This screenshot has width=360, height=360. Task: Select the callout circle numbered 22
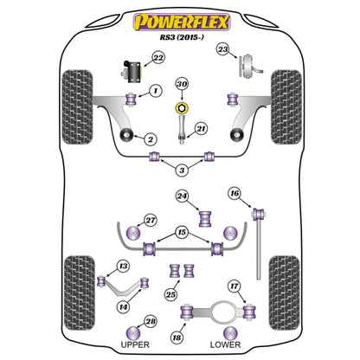(x=157, y=58)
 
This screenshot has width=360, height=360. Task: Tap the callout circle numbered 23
(x=223, y=50)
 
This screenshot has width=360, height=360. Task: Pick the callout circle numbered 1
(x=156, y=90)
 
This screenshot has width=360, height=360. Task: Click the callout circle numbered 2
(x=150, y=138)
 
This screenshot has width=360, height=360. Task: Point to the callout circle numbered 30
(x=181, y=84)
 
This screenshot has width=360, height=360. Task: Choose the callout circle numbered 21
(x=201, y=129)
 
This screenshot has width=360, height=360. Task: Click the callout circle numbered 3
(x=180, y=170)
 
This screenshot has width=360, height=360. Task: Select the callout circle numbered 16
(x=234, y=193)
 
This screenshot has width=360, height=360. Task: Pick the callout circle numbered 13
(x=124, y=266)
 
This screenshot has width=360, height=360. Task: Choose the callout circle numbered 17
(x=234, y=286)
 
